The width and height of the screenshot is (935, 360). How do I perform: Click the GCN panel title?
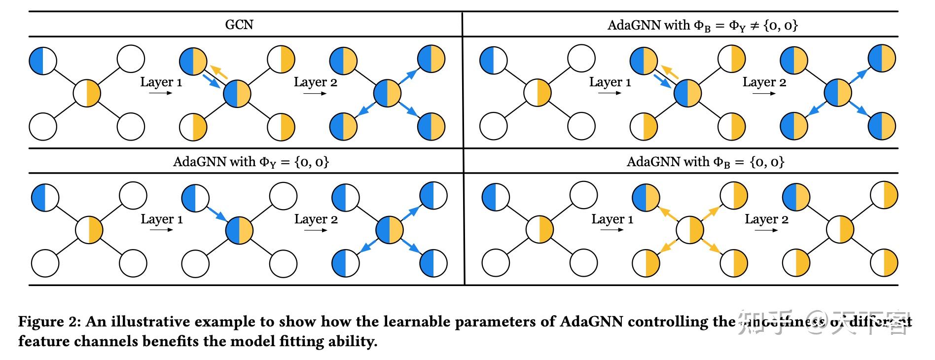[239, 25]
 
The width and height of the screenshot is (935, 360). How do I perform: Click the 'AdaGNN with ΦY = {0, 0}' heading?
[251, 162]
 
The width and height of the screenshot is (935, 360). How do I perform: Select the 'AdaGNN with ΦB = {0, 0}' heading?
[705, 162]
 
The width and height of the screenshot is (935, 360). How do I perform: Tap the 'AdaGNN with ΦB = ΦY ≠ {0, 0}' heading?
[702, 25]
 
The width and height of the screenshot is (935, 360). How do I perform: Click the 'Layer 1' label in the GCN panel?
[161, 82]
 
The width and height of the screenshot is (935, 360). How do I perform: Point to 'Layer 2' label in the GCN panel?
[316, 82]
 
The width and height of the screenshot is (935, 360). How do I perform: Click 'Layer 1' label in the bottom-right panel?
[612, 219]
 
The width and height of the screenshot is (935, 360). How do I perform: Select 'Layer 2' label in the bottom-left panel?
[316, 219]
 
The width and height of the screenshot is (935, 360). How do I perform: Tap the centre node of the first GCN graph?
[87, 93]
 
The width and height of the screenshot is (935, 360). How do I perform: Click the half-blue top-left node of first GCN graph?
[43, 61]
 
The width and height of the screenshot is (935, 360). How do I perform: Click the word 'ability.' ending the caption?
[353, 341]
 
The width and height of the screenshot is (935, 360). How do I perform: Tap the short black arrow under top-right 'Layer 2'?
[764, 94]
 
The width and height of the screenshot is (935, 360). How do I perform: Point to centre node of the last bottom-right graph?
[840, 230]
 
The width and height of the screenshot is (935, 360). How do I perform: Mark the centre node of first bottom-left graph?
[89, 230]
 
